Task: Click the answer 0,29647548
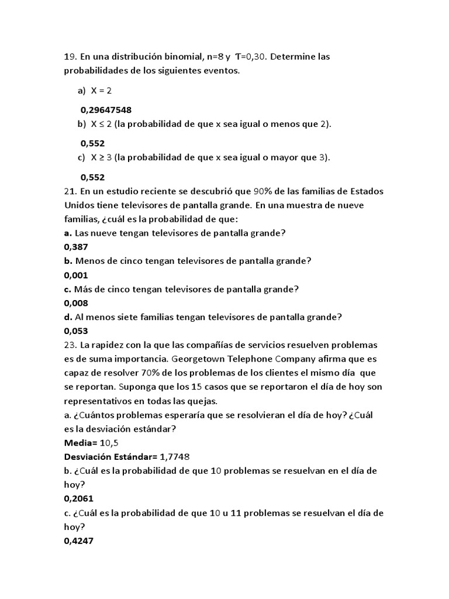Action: coord(106,109)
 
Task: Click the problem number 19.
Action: coord(70,57)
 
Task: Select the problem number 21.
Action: coord(70,191)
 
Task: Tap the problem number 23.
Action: coord(70,345)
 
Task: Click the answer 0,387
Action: coord(75,247)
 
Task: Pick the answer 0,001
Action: coord(75,275)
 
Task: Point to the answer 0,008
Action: coord(75,303)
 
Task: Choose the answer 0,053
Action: coord(75,331)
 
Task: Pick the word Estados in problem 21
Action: coord(369,191)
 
